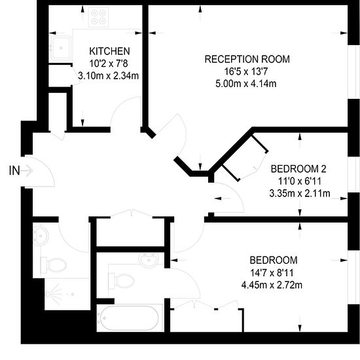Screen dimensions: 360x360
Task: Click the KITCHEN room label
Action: click(109, 51)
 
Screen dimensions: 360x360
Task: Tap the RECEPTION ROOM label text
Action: click(247, 59)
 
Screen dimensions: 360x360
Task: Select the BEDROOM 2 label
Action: click(298, 169)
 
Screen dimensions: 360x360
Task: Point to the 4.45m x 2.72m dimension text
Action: click(272, 285)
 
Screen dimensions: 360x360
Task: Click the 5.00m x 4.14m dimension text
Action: click(246, 84)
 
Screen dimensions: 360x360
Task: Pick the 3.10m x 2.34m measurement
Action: click(109, 76)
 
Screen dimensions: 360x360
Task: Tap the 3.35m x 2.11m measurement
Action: click(300, 194)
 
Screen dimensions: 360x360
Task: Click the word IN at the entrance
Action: click(14, 171)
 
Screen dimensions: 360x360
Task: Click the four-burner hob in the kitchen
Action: click(98, 17)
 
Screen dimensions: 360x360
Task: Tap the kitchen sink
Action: click(61, 48)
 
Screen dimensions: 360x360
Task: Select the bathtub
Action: click(128, 318)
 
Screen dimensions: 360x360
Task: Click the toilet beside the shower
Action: click(53, 265)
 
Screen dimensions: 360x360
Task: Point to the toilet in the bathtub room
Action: click(122, 281)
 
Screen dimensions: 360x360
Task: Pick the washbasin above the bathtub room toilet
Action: click(149, 260)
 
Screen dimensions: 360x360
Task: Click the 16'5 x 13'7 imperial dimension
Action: click(246, 71)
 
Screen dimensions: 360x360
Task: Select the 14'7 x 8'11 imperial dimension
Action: click(272, 273)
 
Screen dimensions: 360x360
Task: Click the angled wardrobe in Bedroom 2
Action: click(245, 158)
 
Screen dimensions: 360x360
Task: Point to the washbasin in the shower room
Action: click(41, 234)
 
